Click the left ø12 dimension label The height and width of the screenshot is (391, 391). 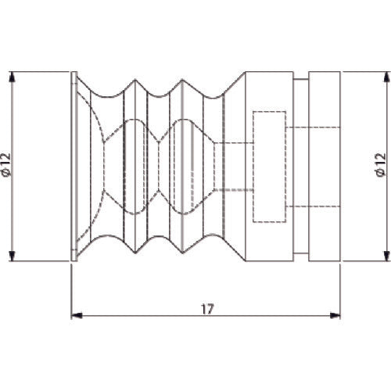point(6,165)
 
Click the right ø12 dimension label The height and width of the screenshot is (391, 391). point(381,165)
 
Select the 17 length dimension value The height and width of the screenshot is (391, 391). point(207,309)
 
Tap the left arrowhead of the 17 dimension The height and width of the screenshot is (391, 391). point(77,316)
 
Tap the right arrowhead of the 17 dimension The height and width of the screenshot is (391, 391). point(335,316)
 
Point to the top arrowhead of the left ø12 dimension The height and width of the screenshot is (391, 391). point(12,77)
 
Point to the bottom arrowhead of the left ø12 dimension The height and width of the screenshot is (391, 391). point(12,256)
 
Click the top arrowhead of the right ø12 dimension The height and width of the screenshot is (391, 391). point(387,77)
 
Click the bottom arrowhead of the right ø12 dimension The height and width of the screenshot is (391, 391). point(387,256)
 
